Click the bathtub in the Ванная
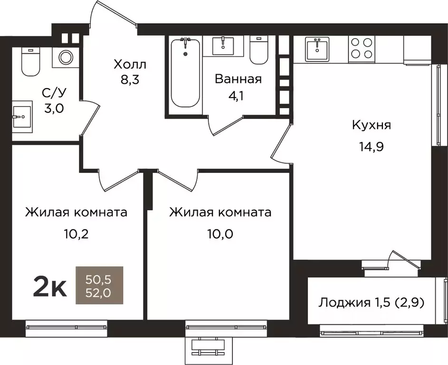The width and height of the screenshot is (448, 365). click(185, 74)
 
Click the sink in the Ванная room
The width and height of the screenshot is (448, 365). click(223, 46)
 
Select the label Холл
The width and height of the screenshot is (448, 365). click(130, 64)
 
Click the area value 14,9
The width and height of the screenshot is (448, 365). click(371, 146)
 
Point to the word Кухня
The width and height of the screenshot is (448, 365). click(371, 125)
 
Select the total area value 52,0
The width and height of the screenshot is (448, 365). click(99, 293)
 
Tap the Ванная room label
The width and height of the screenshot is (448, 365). click(238, 79)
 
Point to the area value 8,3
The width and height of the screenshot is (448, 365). click(130, 80)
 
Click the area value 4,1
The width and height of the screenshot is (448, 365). click(238, 95)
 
